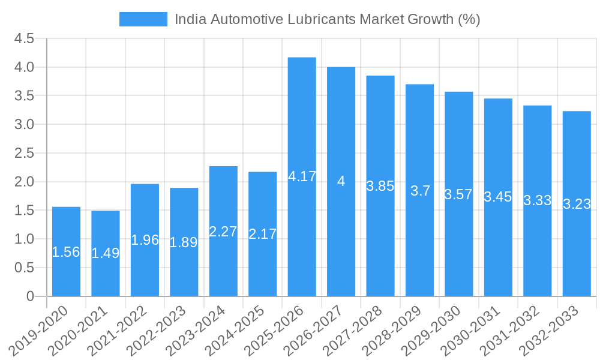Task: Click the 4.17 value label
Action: tap(302, 177)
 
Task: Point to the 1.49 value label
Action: tap(105, 253)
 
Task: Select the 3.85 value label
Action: tap(380, 186)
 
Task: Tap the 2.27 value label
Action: tap(223, 232)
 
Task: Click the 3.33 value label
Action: tap(538, 200)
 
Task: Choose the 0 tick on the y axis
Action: tap(31, 296)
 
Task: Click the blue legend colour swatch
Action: tap(143, 19)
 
